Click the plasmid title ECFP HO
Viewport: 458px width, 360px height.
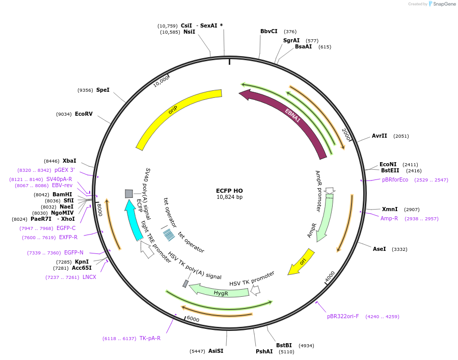pos(229,191)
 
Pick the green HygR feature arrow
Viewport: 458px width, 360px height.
pos(220,292)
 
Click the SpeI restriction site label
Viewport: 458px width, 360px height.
pos(102,90)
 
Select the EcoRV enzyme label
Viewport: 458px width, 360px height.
pos(84,114)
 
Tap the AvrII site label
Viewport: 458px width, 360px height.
pos(380,136)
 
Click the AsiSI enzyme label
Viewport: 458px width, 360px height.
pos(215,351)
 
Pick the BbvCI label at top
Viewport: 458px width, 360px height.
pos(269,31)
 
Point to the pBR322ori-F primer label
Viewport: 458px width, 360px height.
pos(343,316)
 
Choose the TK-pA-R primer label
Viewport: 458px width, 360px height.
pos(150,338)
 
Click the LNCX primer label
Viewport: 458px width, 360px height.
pos(89,277)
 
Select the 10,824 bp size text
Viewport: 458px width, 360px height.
pos(229,197)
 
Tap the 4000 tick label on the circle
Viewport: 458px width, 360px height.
pos(330,276)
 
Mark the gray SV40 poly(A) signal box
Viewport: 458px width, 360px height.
pos(129,194)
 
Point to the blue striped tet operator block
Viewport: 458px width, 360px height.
pos(169,235)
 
